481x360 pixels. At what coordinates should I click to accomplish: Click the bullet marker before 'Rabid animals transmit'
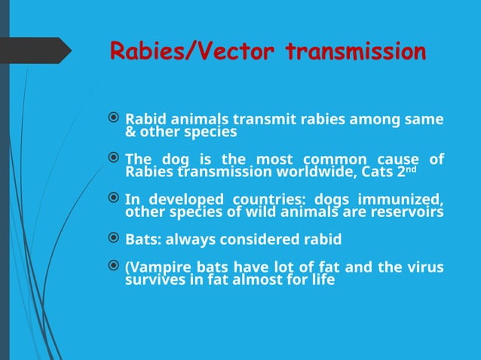pos(114,119)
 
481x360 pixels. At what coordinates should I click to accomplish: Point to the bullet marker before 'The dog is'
pos(114,160)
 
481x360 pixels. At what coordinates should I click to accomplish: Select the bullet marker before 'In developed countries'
pos(114,200)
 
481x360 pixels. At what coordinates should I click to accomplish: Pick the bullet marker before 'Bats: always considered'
pos(114,239)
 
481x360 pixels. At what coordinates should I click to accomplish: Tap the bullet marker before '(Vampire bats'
pos(114,267)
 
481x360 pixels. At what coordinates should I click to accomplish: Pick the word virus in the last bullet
pos(425,267)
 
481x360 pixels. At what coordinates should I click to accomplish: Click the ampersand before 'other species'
pos(130,132)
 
